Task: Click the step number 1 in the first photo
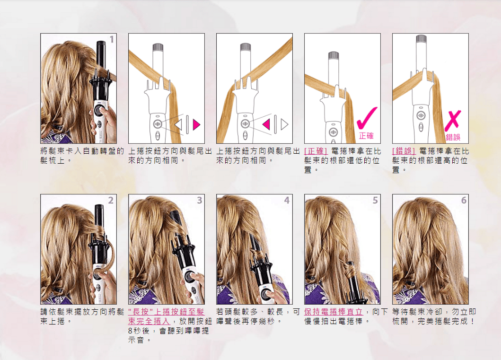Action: (x=112, y=39)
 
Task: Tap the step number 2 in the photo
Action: (x=111, y=200)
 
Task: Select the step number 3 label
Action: (x=199, y=200)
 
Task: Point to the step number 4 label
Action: (x=287, y=200)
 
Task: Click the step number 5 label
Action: (x=375, y=200)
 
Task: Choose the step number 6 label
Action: (x=464, y=200)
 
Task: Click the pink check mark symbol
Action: (x=367, y=118)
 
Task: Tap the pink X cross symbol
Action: (x=453, y=121)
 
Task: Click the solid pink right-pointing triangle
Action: (x=196, y=124)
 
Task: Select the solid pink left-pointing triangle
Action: (x=266, y=124)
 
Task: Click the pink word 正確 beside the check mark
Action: (x=366, y=136)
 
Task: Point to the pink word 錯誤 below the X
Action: (x=453, y=137)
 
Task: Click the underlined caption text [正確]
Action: (x=316, y=151)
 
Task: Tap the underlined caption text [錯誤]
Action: (x=404, y=151)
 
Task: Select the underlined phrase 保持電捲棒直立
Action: (x=334, y=312)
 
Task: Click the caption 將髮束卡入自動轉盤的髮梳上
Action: (x=82, y=156)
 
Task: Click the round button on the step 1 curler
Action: (x=99, y=111)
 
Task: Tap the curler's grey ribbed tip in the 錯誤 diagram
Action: (x=421, y=38)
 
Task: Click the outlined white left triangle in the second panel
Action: (x=178, y=124)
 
